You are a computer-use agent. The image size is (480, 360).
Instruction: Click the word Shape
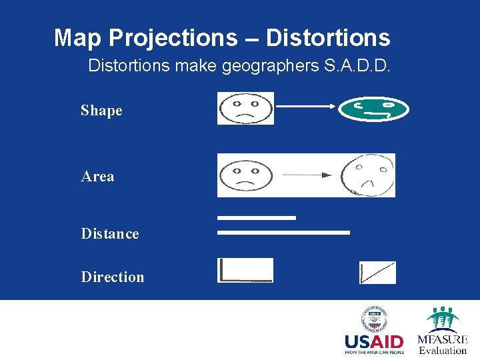pos(101,111)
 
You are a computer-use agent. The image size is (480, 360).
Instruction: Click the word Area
pos(97,177)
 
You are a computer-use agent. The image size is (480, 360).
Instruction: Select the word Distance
pos(110,234)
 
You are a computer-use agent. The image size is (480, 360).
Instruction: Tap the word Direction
pos(112,277)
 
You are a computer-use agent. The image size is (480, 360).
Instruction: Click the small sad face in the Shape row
pos(245,108)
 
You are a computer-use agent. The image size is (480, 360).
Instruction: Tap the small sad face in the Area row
pos(245,175)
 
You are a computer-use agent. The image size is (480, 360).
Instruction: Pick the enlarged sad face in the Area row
pos(367,175)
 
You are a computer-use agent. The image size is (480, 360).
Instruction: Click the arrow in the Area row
pos(306,175)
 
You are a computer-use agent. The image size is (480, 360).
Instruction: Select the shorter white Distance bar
pos(257,217)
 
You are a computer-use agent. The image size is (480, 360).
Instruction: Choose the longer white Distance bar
pos(283,233)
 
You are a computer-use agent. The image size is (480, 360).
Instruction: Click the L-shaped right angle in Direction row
pos(245,270)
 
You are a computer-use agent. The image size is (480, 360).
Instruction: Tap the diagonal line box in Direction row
pos(377,273)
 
